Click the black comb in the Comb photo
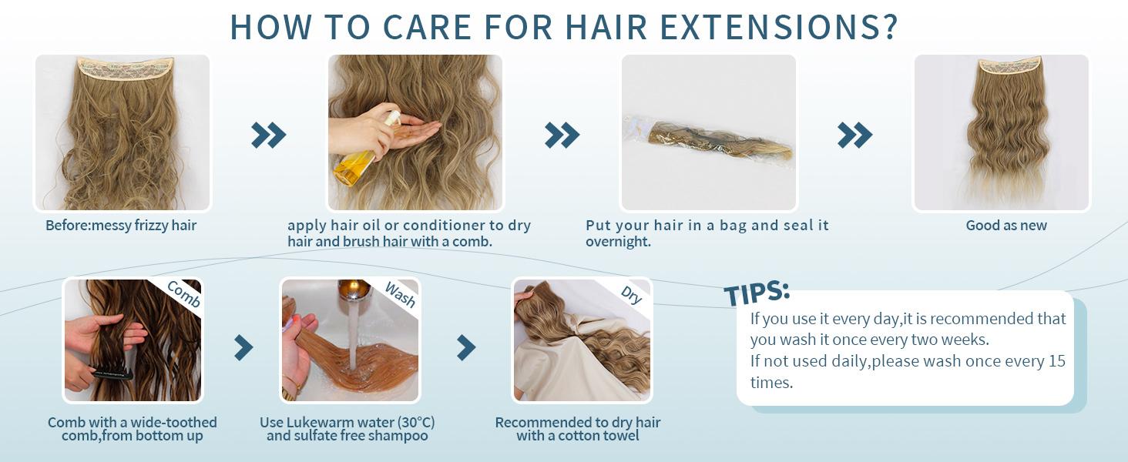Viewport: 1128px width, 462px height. pos(112,373)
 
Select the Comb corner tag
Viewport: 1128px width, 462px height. pos(183,295)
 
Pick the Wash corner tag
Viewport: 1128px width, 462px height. pos(400,294)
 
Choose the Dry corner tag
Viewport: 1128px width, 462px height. pos(631,294)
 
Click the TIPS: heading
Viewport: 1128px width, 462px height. pos(757,293)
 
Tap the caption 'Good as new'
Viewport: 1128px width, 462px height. pos(1006,226)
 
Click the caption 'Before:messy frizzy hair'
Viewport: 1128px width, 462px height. pos(121,226)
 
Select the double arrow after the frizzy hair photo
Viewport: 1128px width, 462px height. pos(269,136)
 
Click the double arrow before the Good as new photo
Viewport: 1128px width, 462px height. pos(855,136)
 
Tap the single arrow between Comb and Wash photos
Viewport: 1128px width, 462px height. pos(243,347)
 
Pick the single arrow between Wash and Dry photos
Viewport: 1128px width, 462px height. pos(466,347)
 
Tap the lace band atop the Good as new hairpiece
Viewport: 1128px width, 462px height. pos(1009,65)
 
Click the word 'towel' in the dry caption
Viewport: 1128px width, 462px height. pos(619,436)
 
